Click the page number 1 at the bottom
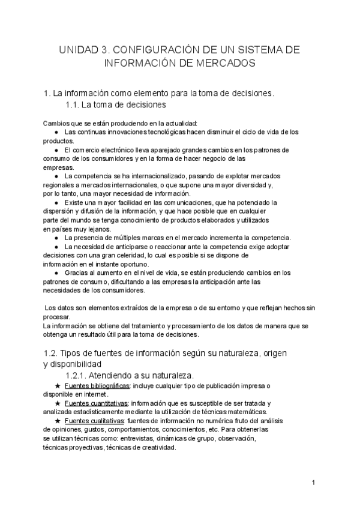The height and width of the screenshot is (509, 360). pos(314,482)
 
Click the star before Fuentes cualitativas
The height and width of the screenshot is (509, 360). pos(57,421)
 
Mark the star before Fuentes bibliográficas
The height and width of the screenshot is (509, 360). pos(57,385)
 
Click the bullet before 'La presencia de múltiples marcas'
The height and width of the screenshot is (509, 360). pos(56,238)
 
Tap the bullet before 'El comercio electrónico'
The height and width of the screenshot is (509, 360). pos(56,149)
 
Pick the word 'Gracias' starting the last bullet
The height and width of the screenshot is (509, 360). pos(76,273)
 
